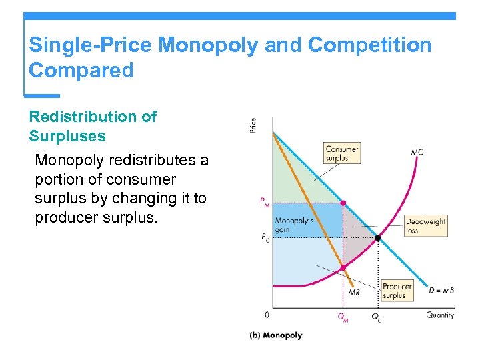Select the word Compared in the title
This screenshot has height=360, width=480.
click(x=81, y=70)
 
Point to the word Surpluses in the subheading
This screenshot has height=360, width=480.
click(x=67, y=136)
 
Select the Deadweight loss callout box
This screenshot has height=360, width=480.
click(x=425, y=225)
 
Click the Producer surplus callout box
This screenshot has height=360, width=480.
click(x=397, y=291)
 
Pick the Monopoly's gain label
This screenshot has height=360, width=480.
click(x=291, y=225)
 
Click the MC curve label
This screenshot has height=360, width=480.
click(x=417, y=152)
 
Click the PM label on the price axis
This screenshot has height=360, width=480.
click(x=265, y=203)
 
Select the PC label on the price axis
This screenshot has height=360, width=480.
click(x=265, y=237)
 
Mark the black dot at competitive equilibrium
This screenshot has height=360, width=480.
click(x=378, y=237)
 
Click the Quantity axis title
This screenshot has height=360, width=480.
click(x=440, y=315)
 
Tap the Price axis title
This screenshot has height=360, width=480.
click(x=253, y=125)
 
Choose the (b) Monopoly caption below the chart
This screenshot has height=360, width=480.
click(x=275, y=335)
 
